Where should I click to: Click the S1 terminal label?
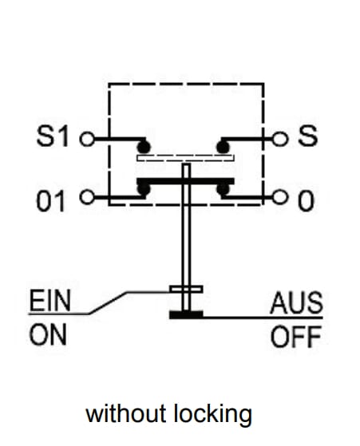click(x=53, y=136)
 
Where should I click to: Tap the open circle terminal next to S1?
click(x=87, y=139)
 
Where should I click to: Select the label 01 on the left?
click(x=51, y=201)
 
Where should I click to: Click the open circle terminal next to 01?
click(x=87, y=197)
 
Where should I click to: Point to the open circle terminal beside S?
click(x=280, y=139)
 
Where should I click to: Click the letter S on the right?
click(x=307, y=136)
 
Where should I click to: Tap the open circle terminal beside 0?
click(x=280, y=197)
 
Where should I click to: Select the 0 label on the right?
click(x=306, y=201)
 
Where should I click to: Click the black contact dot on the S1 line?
click(x=144, y=148)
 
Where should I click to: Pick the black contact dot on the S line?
click(x=223, y=148)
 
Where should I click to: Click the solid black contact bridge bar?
click(x=185, y=181)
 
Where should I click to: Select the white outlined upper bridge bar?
click(x=185, y=158)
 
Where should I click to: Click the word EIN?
click(x=49, y=301)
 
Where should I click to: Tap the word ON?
click(x=48, y=335)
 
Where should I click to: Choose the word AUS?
click(x=296, y=303)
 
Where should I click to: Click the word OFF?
click(x=296, y=337)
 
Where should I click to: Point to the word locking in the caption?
click(x=212, y=414)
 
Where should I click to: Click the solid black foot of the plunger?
click(x=186, y=314)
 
